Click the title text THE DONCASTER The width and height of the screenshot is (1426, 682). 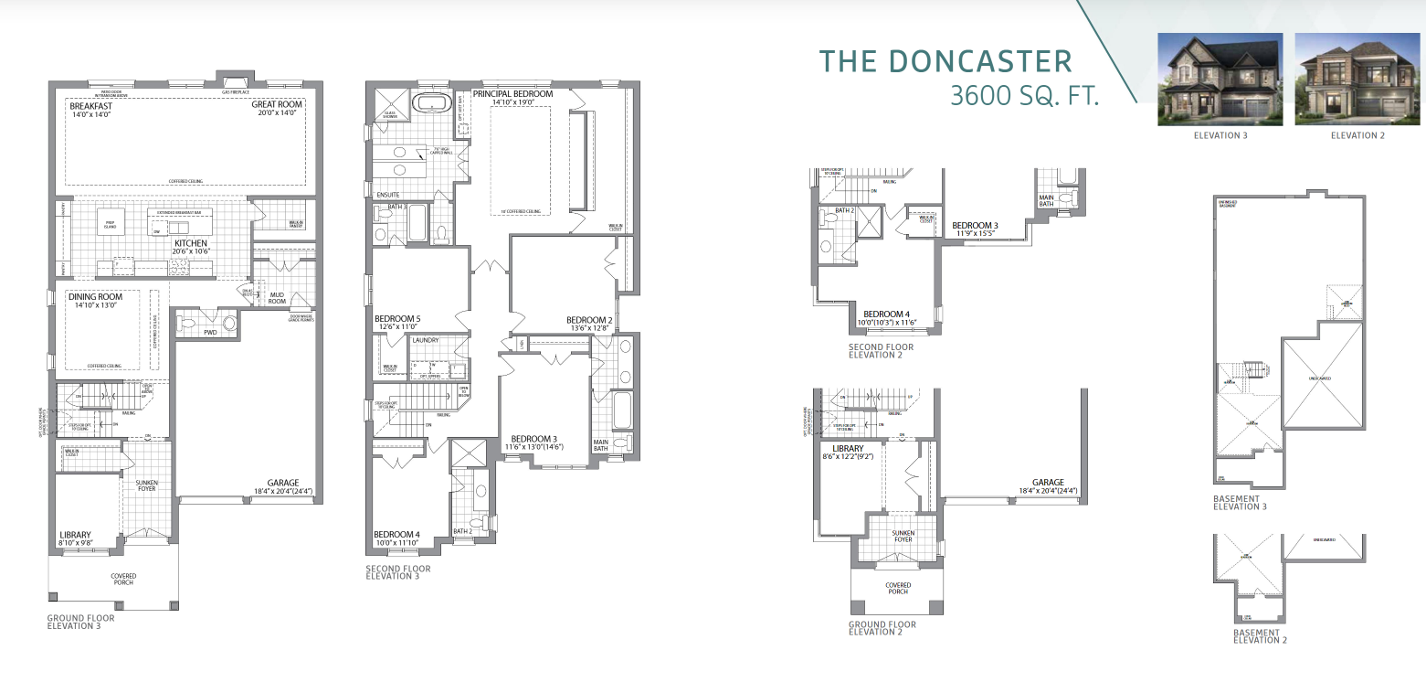pyautogui.click(x=945, y=61)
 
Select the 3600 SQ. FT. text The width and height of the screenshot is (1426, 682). pyautogui.click(x=1023, y=95)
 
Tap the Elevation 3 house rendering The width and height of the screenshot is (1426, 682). pyautogui.click(x=1220, y=80)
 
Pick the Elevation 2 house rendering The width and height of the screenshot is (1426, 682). pyautogui.click(x=1357, y=80)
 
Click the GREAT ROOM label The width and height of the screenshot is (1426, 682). pyautogui.click(x=277, y=104)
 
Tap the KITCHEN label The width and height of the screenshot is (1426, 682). pyautogui.click(x=189, y=243)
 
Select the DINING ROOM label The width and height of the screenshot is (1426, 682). pyautogui.click(x=95, y=296)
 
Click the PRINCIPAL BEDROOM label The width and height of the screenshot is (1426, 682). pyautogui.click(x=512, y=94)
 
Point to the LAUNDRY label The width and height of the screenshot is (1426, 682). pyautogui.click(x=426, y=340)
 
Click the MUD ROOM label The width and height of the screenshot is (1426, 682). pyautogui.click(x=276, y=296)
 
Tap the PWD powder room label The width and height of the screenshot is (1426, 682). pyautogui.click(x=210, y=333)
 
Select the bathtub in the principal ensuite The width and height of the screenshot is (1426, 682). pyautogui.click(x=428, y=102)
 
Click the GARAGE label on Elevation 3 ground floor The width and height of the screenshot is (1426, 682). pyautogui.click(x=282, y=483)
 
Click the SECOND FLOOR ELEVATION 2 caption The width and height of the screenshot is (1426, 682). pyautogui.click(x=881, y=351)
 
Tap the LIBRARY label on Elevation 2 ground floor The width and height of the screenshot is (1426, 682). pyautogui.click(x=835, y=449)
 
